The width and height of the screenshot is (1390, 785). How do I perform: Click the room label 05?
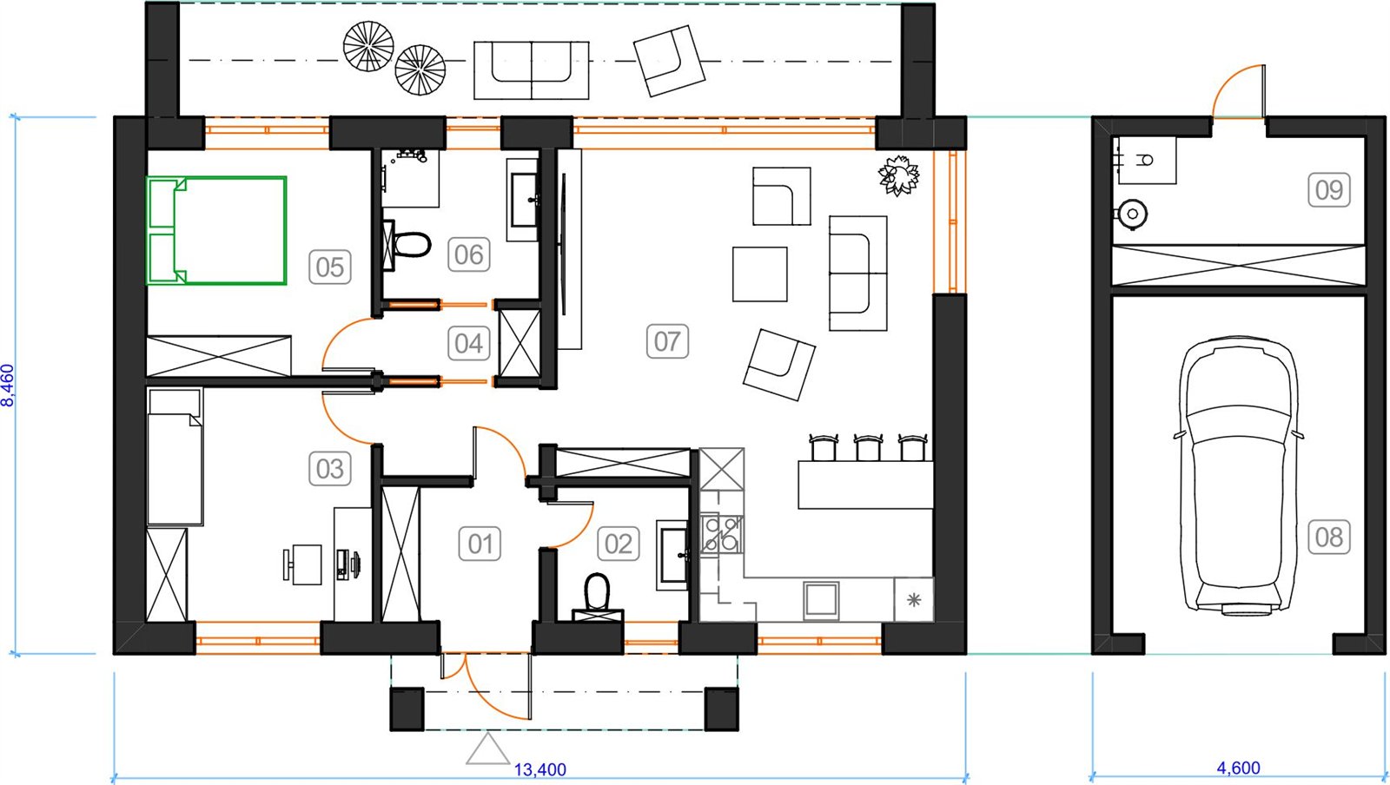click(x=330, y=267)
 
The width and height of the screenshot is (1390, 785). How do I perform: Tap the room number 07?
click(x=667, y=341)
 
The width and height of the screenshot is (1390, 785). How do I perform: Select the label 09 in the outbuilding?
click(x=1329, y=190)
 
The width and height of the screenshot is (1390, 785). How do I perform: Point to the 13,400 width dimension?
click(x=539, y=769)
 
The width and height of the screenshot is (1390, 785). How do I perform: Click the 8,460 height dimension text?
click(x=8, y=385)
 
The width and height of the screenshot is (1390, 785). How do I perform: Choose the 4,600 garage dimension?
click(x=1239, y=768)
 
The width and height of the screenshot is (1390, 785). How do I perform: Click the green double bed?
click(x=216, y=231)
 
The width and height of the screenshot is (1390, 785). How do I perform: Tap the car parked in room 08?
click(x=1240, y=476)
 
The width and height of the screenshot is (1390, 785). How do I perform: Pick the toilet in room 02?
click(x=598, y=597)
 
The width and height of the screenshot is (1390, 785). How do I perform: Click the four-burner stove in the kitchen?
click(x=722, y=534)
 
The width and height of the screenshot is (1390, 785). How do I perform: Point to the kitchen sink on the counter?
click(x=821, y=600)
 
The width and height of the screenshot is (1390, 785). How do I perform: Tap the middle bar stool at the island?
click(x=868, y=448)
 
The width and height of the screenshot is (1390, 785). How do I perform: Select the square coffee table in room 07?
click(x=760, y=274)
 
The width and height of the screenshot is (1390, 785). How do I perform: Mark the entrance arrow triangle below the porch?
click(x=487, y=750)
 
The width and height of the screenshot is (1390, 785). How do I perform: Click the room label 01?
click(x=480, y=544)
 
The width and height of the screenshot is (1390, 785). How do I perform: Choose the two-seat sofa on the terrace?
click(x=531, y=70)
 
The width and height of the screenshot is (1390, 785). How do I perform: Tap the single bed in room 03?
click(x=175, y=457)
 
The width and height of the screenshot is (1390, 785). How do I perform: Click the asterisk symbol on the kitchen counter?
click(x=913, y=599)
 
